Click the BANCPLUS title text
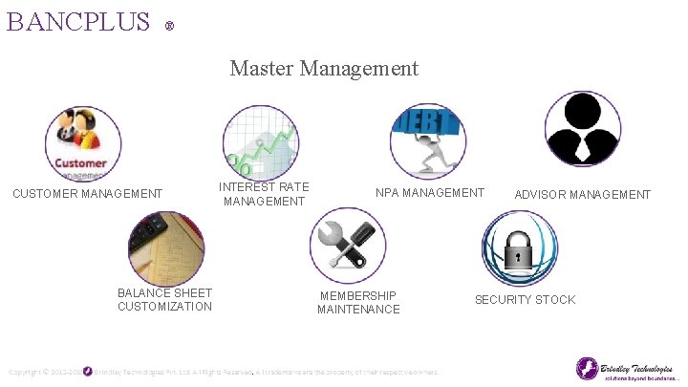[78, 21]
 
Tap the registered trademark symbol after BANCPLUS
[169, 25]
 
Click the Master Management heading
[324, 68]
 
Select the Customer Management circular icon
[83, 142]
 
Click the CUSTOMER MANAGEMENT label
[87, 194]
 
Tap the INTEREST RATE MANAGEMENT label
[265, 194]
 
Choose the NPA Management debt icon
[428, 140]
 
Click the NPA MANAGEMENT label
[430, 193]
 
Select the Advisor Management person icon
[583, 129]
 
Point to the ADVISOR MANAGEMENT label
[583, 195]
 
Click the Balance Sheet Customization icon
[166, 247]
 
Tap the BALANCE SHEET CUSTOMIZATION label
[165, 299]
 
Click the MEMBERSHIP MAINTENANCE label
[358, 303]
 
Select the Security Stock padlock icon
[519, 248]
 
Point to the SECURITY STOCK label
[526, 300]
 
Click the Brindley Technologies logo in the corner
[626, 369]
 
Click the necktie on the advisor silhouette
[583, 148]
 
